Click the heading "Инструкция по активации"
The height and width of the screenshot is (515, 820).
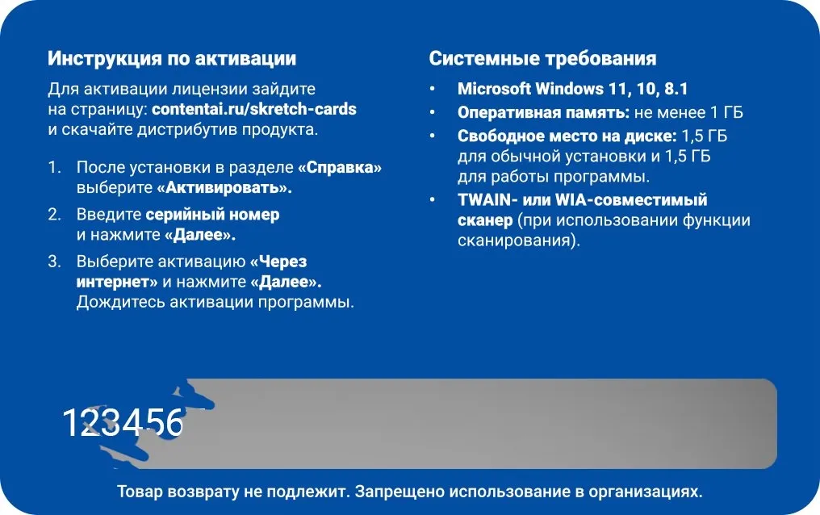(172, 58)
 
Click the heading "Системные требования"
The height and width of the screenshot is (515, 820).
(542, 58)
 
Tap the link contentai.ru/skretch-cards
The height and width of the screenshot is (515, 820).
(254, 109)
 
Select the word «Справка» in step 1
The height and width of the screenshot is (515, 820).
(340, 167)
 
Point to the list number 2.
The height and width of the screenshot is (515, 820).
(54, 215)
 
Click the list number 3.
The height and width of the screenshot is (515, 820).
(54, 262)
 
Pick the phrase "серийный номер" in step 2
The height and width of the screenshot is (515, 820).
(212, 215)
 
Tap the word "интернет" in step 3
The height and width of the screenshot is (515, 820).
(113, 282)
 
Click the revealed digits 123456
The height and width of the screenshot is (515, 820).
(123, 422)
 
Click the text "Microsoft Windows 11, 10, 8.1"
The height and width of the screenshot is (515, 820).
(572, 89)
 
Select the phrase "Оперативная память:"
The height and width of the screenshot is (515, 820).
(543, 112)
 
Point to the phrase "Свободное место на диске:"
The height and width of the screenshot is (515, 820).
(567, 136)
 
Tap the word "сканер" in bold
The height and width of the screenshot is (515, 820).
(485, 220)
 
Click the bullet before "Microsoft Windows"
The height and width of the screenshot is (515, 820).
(432, 89)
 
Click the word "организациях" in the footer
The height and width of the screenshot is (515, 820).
(646, 492)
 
